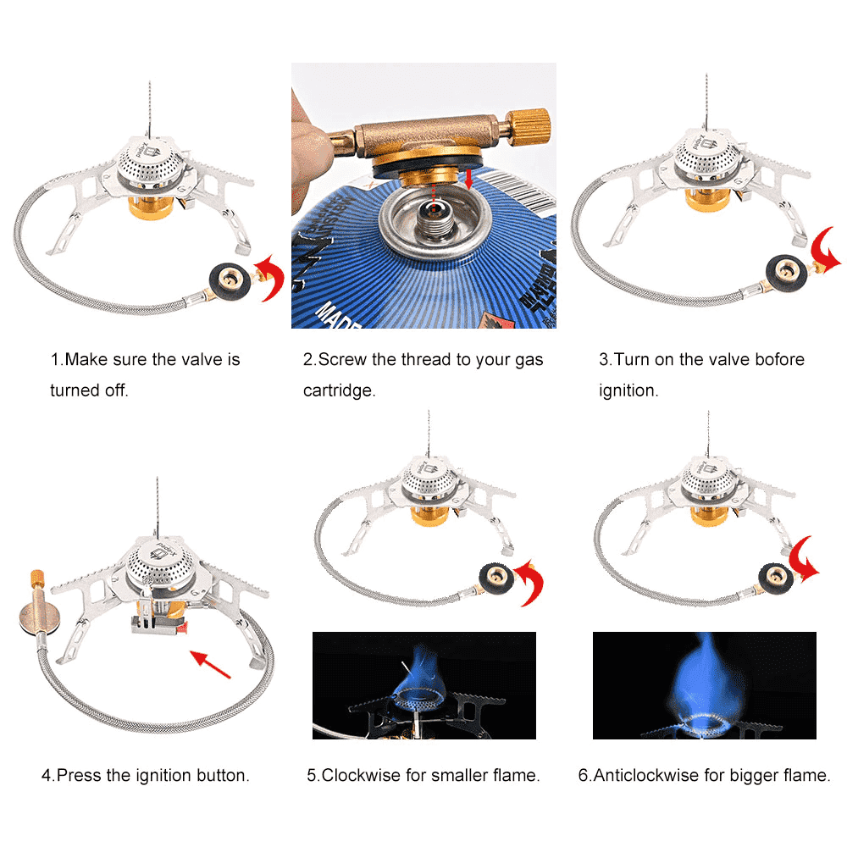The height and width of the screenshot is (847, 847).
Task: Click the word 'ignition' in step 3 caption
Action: coord(628,390)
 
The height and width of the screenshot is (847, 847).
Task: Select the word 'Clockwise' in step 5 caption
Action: coord(366,774)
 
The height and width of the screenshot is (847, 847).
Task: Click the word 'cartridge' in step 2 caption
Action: coord(339,390)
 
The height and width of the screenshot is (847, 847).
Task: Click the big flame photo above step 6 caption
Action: coord(704,684)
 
